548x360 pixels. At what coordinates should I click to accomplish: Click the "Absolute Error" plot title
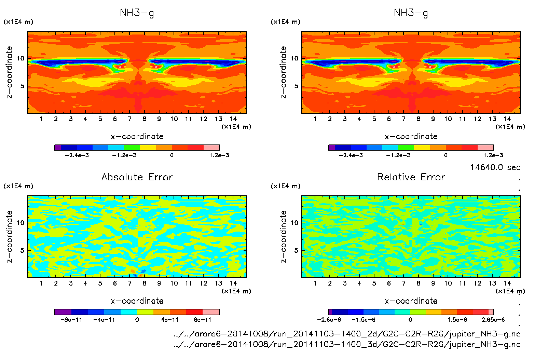pyautogui.click(x=137, y=177)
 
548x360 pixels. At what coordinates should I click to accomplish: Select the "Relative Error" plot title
pyautogui.click(x=411, y=177)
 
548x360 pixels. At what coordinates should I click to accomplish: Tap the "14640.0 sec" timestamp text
pyautogui.click(x=495, y=167)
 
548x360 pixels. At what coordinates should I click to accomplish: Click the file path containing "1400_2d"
pyautogui.click(x=347, y=334)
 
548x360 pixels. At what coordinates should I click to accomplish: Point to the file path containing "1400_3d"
pyautogui.click(x=347, y=344)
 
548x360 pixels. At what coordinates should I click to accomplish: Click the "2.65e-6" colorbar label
pyautogui.click(x=493, y=320)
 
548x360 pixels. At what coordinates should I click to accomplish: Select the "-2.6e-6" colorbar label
pyautogui.click(x=329, y=320)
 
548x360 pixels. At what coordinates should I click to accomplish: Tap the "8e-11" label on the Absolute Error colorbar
pyautogui.click(x=203, y=320)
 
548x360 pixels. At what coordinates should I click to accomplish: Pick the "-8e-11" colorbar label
pyautogui.click(x=71, y=320)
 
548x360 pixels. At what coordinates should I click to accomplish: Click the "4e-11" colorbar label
pyautogui.click(x=170, y=320)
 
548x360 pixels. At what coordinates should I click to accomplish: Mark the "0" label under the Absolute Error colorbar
pyautogui.click(x=137, y=320)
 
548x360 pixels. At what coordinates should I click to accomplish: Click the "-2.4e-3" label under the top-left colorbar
pyautogui.click(x=77, y=155)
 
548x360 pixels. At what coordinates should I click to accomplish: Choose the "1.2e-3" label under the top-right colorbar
pyautogui.click(x=493, y=155)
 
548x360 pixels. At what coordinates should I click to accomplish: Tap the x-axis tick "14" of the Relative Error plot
pyautogui.click(x=507, y=283)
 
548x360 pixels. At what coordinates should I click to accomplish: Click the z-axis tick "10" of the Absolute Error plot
pyautogui.click(x=20, y=223)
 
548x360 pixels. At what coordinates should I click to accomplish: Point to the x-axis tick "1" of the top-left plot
pyautogui.click(x=41, y=119)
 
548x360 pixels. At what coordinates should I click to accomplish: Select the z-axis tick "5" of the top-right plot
pyautogui.click(x=296, y=86)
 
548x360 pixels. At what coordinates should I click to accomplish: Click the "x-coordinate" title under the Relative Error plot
pyautogui.click(x=411, y=301)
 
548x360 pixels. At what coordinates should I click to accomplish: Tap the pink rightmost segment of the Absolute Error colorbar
pyautogui.click(x=211, y=312)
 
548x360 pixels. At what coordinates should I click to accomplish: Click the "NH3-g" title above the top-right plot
pyautogui.click(x=411, y=13)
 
